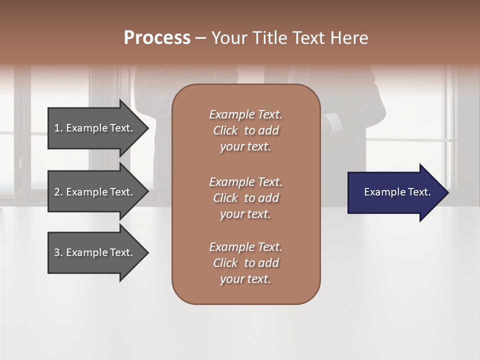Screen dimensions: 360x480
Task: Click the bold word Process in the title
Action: [x=157, y=38]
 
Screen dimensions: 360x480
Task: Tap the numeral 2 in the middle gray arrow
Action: [x=57, y=192]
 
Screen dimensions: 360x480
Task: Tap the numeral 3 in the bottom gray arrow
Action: [x=57, y=252]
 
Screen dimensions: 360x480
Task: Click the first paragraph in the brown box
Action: [x=245, y=130]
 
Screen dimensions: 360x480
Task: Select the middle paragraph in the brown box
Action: [x=245, y=198]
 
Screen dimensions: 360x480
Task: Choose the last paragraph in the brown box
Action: [x=245, y=263]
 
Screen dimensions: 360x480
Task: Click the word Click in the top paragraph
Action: [x=225, y=130]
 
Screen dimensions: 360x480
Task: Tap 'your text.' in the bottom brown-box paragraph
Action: [x=245, y=279]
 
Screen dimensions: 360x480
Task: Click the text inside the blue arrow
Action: [x=397, y=192]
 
